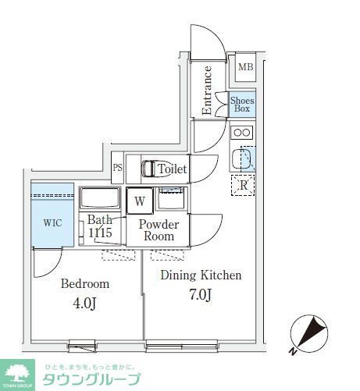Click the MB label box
point(246,68)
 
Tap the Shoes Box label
point(242,105)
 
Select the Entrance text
point(208,90)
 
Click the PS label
point(118,168)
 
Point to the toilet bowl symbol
point(148,168)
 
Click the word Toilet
point(172,169)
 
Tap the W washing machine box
point(140,201)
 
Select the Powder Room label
point(159,230)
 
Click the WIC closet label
point(52,222)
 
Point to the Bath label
point(99,220)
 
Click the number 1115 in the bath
point(100,233)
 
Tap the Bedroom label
point(85,283)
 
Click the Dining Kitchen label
point(201,275)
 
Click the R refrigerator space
point(244,186)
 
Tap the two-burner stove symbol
point(242,132)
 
